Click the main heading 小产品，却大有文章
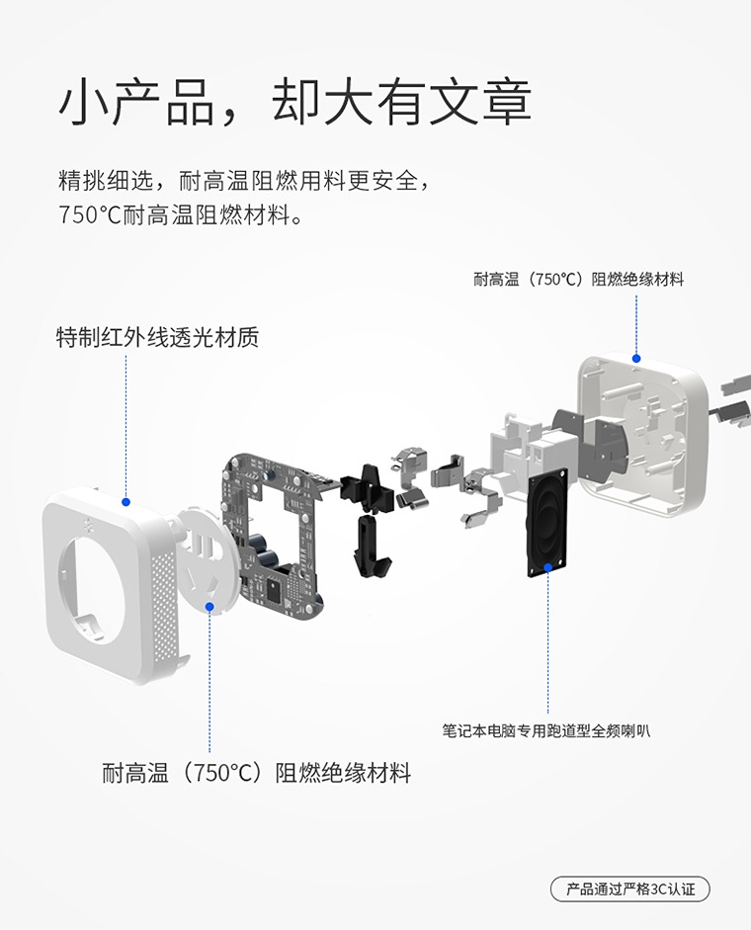click(x=294, y=103)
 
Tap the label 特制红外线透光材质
click(x=157, y=337)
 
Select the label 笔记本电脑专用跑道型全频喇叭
click(x=545, y=730)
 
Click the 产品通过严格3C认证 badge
click(x=630, y=889)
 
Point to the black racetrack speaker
click(x=547, y=522)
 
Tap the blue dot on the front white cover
click(x=125, y=502)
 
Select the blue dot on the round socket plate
click(x=209, y=606)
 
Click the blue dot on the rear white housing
click(x=636, y=358)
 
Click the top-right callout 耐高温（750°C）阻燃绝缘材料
click(x=578, y=279)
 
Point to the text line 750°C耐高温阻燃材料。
click(x=182, y=214)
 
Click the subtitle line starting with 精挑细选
click(x=244, y=180)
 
